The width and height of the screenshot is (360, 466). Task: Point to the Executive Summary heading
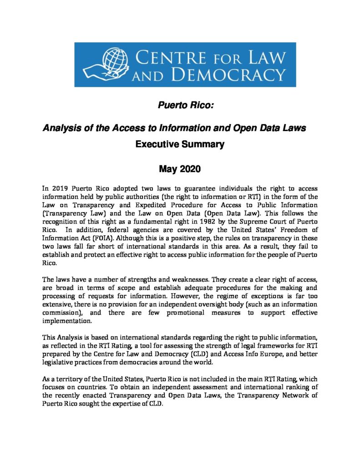pyautogui.click(x=180, y=145)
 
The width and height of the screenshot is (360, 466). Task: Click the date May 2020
pyautogui.click(x=180, y=170)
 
